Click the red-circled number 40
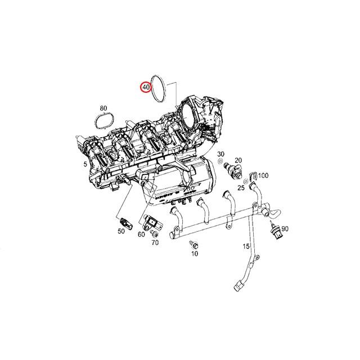pyautogui.click(x=146, y=88)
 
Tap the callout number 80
pyautogui.click(x=103, y=108)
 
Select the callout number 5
pyautogui.click(x=84, y=164)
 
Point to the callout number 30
pyautogui.click(x=220, y=154)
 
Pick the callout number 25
pyautogui.click(x=241, y=187)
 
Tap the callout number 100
pyautogui.click(x=263, y=176)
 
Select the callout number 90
pyautogui.click(x=285, y=229)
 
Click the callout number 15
pyautogui.click(x=246, y=247)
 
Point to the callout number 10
pyautogui.click(x=195, y=254)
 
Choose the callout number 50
pyautogui.click(x=121, y=231)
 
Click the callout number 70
pyautogui.click(x=155, y=242)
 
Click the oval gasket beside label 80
pyautogui.click(x=102, y=121)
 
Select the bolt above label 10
pyautogui.click(x=194, y=245)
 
